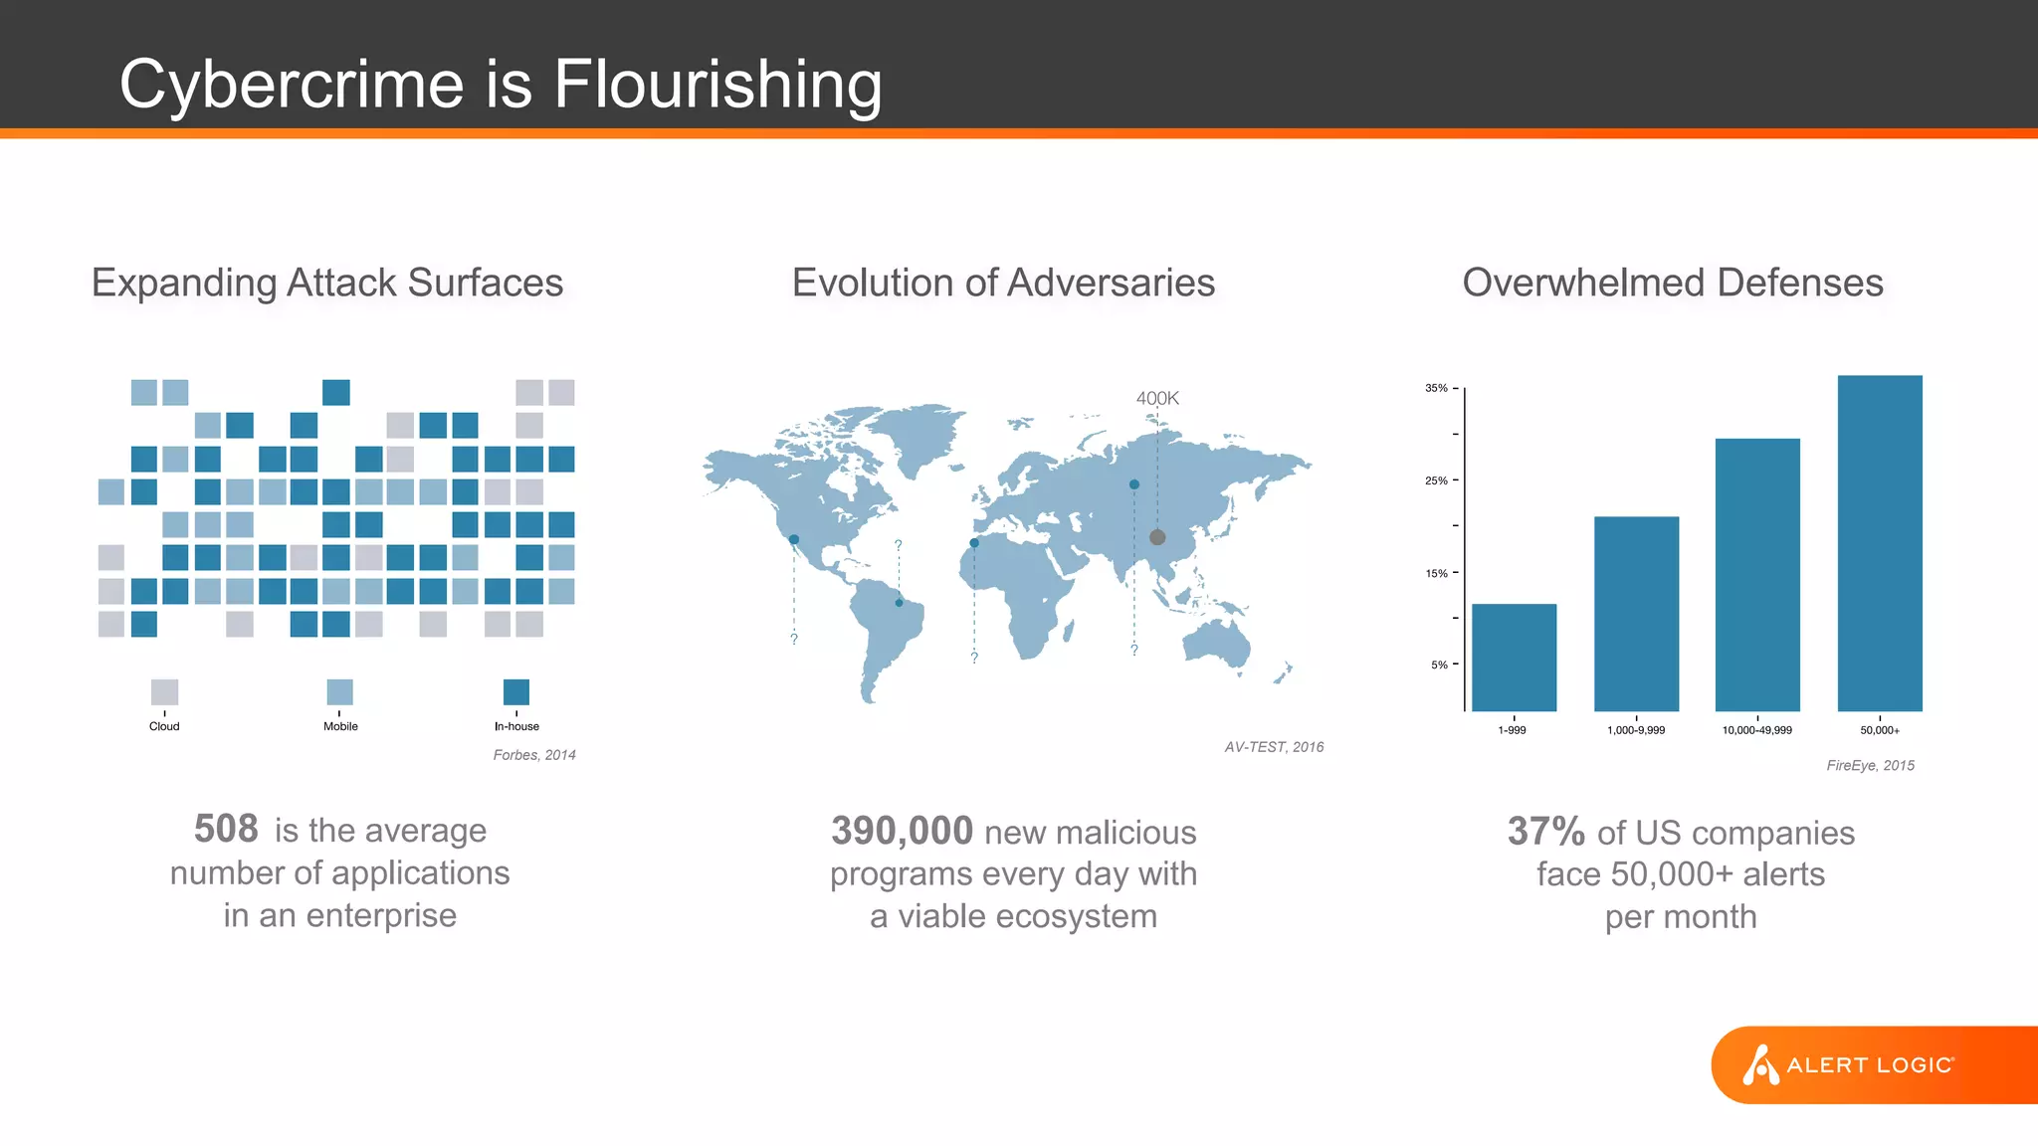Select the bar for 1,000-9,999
[1636, 614]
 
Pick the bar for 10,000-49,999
[1757, 574]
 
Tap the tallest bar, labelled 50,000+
[1880, 542]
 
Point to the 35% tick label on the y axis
[1436, 388]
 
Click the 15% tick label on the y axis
[1436, 573]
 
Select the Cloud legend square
[164, 691]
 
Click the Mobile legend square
[339, 691]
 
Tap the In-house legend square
[516, 691]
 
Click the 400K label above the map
[1157, 398]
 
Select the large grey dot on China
[1157, 537]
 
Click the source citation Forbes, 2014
[534, 755]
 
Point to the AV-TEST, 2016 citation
[1274, 747]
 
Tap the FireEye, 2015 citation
[1870, 765]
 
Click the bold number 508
[226, 829]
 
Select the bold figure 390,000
[902, 831]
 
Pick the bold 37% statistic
[1545, 831]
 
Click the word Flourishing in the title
[717, 85]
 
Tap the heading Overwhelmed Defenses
[1672, 283]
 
